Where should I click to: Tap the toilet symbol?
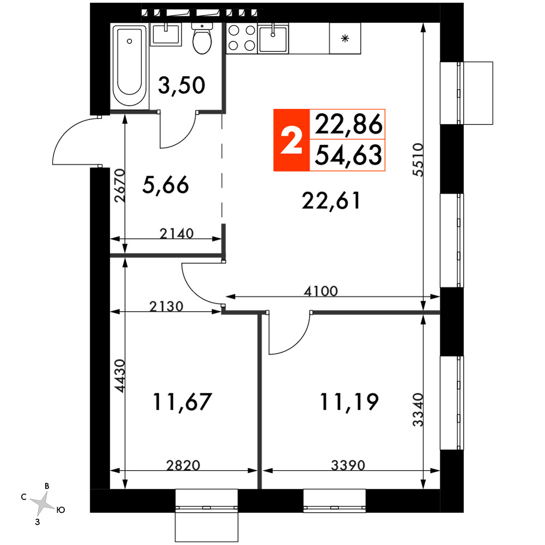tap(202, 39)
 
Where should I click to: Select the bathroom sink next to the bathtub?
tap(166, 35)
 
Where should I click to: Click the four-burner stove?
tap(242, 38)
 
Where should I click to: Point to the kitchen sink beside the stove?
tap(273, 39)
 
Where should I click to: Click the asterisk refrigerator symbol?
tap(345, 38)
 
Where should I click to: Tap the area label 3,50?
tap(181, 86)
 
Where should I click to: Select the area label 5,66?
tap(166, 185)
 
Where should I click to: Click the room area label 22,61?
tap(331, 201)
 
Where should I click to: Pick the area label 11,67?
tap(182, 402)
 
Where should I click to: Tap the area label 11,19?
tap(349, 402)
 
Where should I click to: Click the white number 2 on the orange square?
tap(291, 140)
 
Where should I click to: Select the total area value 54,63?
tap(348, 155)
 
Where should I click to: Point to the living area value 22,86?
tap(348, 125)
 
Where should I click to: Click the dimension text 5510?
tap(418, 160)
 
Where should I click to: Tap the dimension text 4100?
tap(320, 291)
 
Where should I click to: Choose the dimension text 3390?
tap(348, 465)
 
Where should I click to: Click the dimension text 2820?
tap(183, 465)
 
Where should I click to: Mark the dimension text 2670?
tap(119, 186)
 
